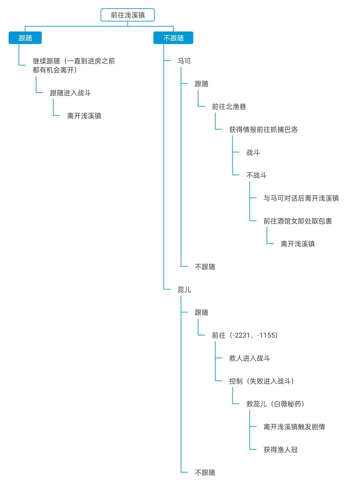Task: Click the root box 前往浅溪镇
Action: [128, 15]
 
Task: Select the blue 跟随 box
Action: [25, 38]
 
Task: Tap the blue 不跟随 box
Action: [173, 38]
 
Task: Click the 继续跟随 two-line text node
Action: [74, 65]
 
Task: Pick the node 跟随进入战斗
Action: [70, 93]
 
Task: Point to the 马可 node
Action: [184, 61]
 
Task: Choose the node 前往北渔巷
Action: [229, 107]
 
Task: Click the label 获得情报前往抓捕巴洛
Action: [263, 130]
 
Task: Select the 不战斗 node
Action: [256, 175]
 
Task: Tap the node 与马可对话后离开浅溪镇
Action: [301, 198]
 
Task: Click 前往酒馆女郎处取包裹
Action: [298, 221]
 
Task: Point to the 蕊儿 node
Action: [184, 289]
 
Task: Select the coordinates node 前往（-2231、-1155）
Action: [245, 335]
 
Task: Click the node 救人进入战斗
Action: [250, 358]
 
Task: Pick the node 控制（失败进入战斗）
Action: [262, 381]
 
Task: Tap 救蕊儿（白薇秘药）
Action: [275, 404]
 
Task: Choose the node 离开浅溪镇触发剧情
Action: [294, 427]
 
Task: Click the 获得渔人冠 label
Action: [281, 450]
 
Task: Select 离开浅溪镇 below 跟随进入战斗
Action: [84, 116]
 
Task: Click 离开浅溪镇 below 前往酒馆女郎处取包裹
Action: [298, 244]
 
